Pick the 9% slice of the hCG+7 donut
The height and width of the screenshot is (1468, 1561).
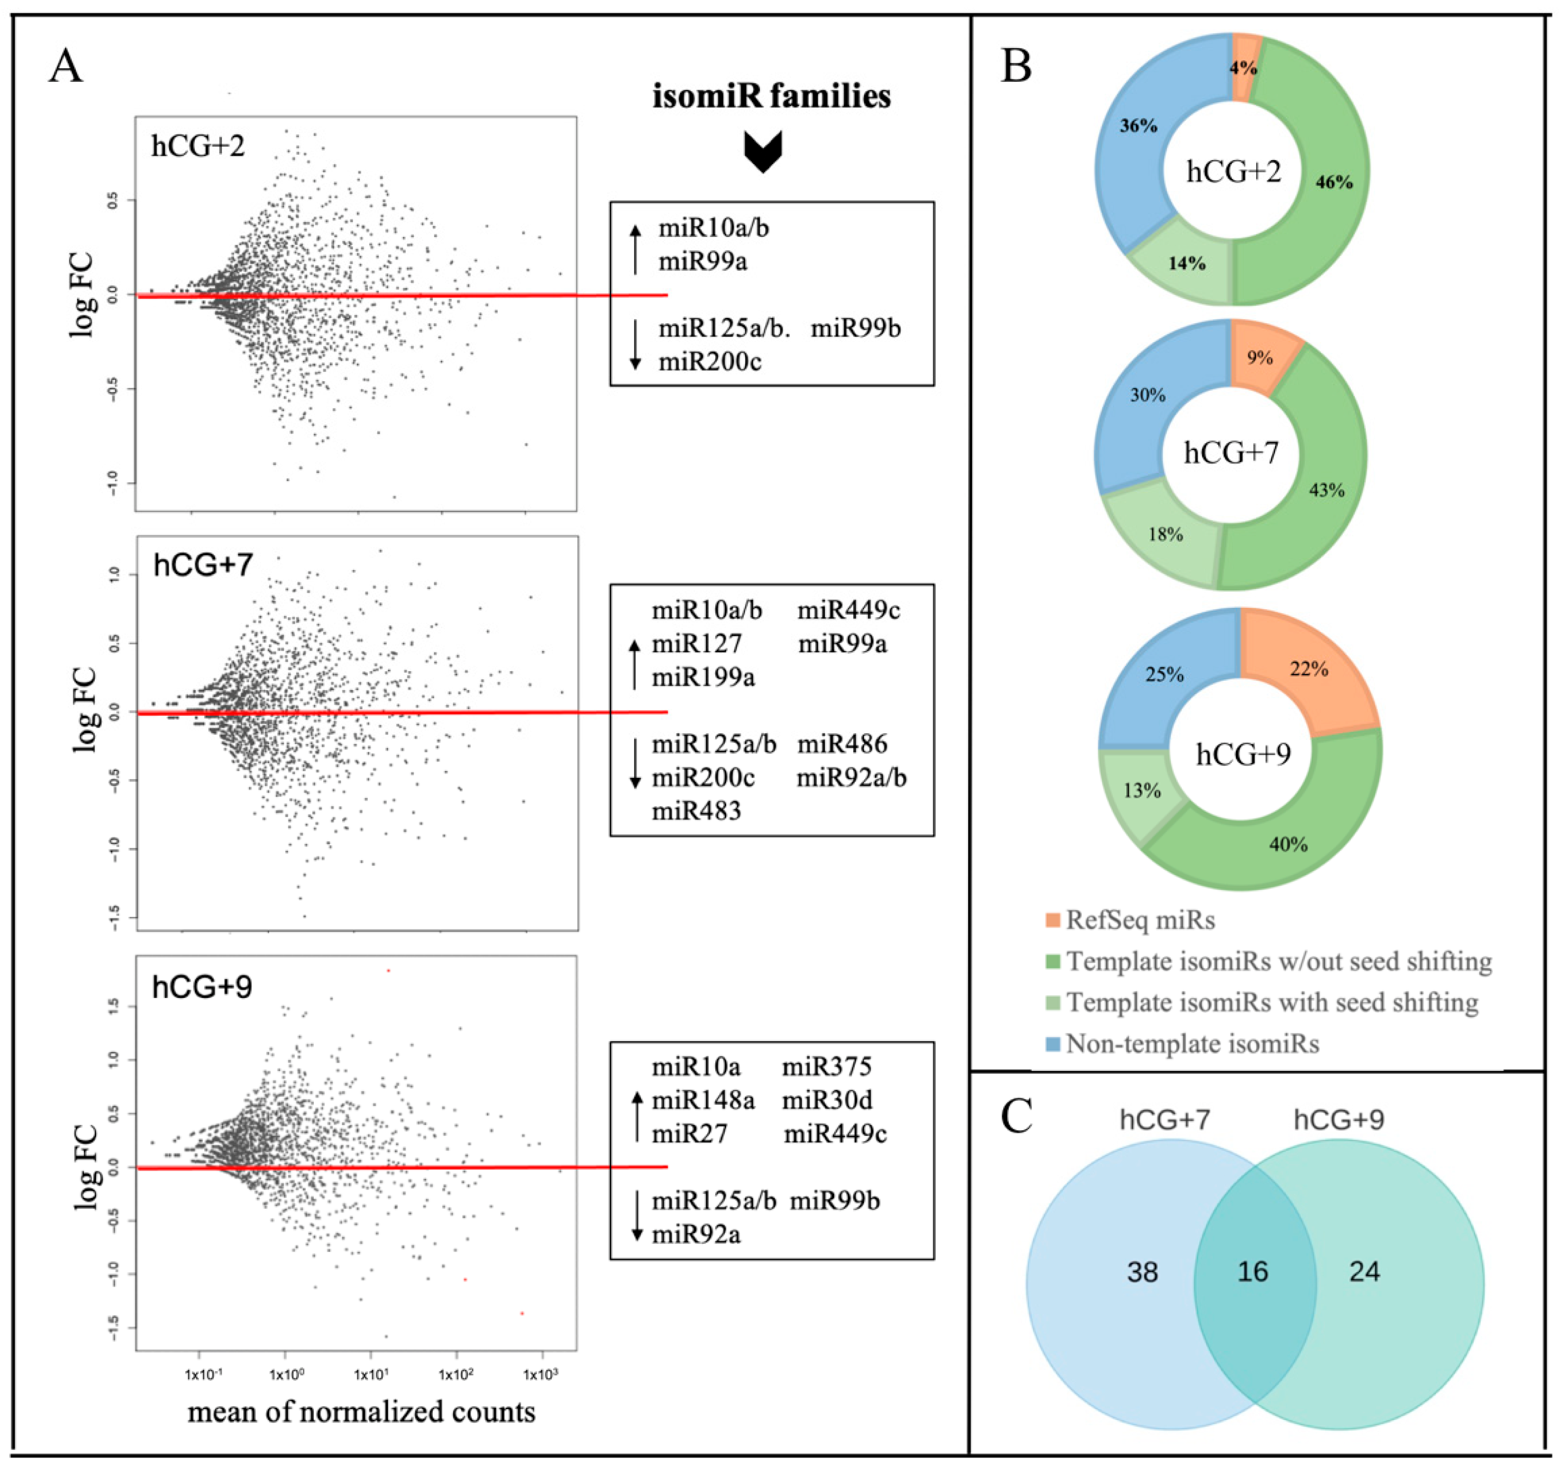(x=1260, y=358)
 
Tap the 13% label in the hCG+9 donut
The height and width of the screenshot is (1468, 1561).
(x=1142, y=790)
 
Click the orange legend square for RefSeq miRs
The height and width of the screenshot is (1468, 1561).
(x=1053, y=920)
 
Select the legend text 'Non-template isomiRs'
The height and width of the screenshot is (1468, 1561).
(x=1192, y=1044)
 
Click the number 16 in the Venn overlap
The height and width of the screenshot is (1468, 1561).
(x=1252, y=1272)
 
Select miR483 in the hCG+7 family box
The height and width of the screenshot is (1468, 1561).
(x=695, y=811)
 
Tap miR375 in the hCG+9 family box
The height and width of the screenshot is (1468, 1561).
(x=826, y=1066)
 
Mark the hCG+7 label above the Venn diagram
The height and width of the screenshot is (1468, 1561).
(x=1164, y=1119)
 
